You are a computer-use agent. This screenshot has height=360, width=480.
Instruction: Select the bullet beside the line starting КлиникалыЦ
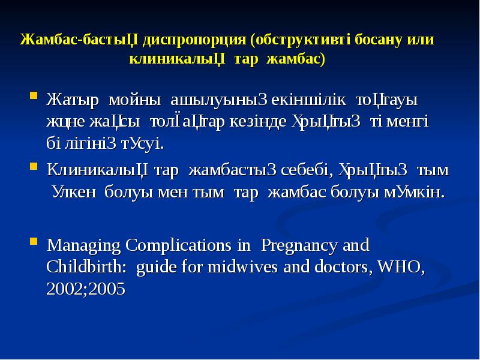coord(34,169)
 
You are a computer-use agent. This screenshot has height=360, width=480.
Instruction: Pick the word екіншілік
coord(305,98)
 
